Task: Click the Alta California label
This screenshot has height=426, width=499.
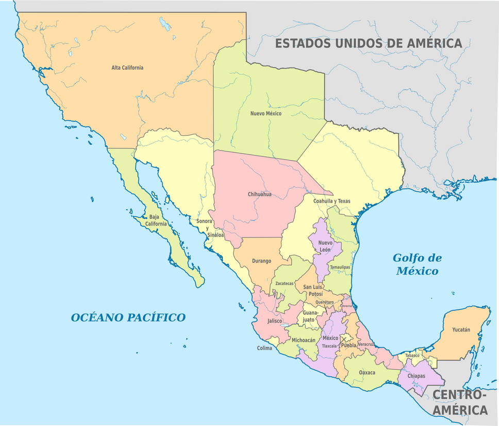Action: point(127,68)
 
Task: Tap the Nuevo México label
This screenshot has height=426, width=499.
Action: point(266,113)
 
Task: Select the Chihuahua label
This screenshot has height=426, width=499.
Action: point(259,194)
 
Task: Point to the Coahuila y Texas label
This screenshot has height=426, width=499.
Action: point(331,201)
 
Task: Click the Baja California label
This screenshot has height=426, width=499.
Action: point(155,220)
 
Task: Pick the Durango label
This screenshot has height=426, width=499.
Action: point(261,261)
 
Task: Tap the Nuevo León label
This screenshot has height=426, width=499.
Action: point(325,246)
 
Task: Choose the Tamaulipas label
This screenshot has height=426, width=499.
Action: point(340,267)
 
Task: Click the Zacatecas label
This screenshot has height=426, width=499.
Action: point(285,283)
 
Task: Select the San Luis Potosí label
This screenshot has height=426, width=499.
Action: point(313,290)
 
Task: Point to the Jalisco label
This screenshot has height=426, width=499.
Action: point(275,321)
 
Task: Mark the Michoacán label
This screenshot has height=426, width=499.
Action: point(303,340)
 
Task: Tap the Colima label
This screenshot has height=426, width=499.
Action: point(264,348)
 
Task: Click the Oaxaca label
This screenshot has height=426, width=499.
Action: point(367,372)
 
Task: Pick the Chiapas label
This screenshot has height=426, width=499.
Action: point(417,376)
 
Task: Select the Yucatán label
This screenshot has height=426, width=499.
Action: point(461,329)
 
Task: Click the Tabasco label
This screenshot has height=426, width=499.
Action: point(412,355)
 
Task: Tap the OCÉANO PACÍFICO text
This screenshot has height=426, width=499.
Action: point(128,317)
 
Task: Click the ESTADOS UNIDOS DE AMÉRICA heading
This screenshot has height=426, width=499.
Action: point(369,43)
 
